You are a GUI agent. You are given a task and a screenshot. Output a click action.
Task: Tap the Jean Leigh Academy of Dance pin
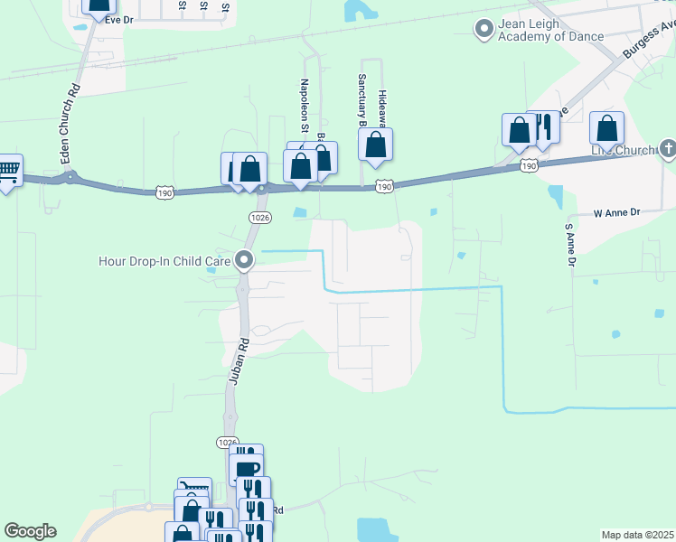(484, 30)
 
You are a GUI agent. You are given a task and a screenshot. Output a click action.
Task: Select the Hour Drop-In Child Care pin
(244, 261)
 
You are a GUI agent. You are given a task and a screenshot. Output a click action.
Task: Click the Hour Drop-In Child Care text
(165, 261)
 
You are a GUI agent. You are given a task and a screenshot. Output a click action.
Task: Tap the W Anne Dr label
(616, 213)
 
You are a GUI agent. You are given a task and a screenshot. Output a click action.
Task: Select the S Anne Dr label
(570, 245)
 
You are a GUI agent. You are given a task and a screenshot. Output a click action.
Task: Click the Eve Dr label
(119, 18)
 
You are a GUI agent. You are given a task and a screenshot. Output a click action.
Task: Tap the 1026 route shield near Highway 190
(261, 217)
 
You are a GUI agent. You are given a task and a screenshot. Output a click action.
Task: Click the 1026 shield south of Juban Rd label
(228, 442)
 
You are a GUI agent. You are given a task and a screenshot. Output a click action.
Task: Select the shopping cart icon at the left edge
(7, 170)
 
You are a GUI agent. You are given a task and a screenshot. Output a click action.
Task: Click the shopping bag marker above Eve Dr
(99, 5)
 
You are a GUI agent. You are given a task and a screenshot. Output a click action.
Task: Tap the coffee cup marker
(246, 468)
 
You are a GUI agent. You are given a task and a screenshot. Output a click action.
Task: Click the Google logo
(30, 531)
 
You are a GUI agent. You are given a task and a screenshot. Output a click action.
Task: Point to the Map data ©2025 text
(636, 535)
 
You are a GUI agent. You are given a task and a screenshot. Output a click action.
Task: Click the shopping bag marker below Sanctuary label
(375, 145)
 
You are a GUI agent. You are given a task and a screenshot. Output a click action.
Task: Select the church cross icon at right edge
(668, 146)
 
